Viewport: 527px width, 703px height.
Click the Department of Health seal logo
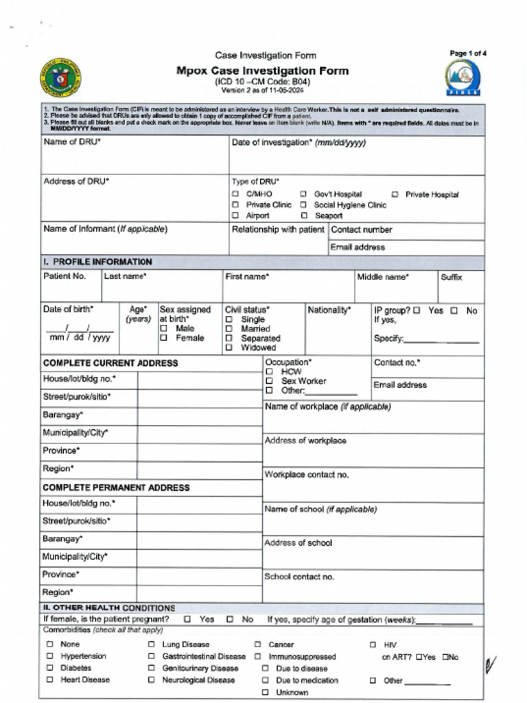coord(60,78)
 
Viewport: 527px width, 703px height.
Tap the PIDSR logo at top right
coord(463,77)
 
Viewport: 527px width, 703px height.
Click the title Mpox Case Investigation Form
coord(262,71)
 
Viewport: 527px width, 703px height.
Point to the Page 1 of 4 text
coord(468,54)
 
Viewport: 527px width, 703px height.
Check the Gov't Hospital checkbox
coord(303,195)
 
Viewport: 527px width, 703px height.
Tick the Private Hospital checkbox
coord(395,195)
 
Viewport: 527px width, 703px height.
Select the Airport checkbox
coord(235,216)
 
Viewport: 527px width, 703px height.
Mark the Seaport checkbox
coord(303,216)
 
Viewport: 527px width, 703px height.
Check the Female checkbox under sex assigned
coord(163,338)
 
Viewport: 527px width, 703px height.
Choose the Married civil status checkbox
coord(229,329)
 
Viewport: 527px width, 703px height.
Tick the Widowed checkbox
coord(229,348)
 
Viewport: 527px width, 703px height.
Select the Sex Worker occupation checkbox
coord(269,381)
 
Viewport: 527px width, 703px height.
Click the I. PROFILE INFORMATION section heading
coord(97,262)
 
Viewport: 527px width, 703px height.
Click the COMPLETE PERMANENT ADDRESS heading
coord(116,487)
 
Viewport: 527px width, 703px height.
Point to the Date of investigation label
coord(298,143)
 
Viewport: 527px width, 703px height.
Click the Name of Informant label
coord(105,229)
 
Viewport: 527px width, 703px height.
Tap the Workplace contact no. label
coord(307,475)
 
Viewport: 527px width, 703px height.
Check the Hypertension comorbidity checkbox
coord(49,656)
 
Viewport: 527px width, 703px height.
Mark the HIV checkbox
coord(373,645)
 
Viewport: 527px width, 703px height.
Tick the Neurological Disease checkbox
coord(151,680)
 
